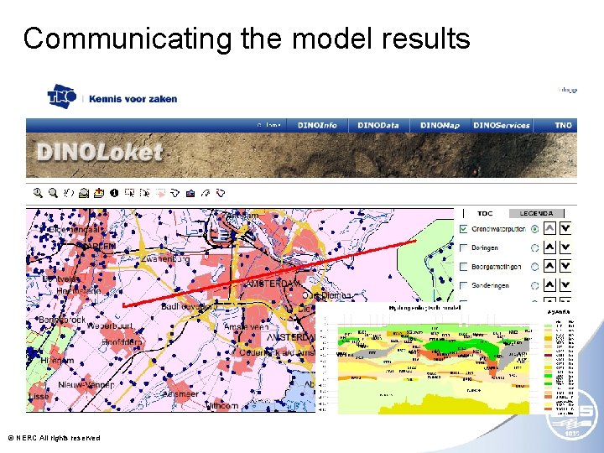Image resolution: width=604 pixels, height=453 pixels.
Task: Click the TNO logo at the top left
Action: tap(61, 96)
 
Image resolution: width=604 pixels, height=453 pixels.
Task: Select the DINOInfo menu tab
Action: tap(317, 125)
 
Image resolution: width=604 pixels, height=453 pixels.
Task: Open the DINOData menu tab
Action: tap(378, 125)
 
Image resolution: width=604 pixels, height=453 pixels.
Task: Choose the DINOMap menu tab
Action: tap(440, 125)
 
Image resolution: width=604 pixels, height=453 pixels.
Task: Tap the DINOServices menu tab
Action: tap(502, 125)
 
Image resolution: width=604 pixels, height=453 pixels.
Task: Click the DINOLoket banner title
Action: tap(99, 154)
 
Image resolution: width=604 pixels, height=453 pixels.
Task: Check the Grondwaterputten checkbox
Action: tap(464, 229)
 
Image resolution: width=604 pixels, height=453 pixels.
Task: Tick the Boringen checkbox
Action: tap(464, 248)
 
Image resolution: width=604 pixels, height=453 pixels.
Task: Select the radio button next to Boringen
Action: tap(535, 248)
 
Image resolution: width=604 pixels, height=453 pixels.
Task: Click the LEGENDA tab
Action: tap(536, 213)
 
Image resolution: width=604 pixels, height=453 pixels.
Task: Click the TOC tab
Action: tap(485, 213)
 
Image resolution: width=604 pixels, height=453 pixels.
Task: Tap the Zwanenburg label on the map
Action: tap(168, 260)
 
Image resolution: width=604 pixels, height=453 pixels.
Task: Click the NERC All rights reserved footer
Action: tap(54, 438)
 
